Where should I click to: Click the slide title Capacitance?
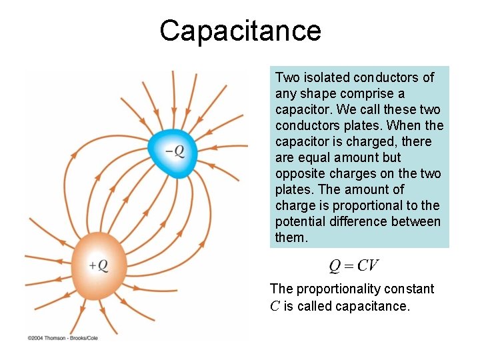tap(240, 31)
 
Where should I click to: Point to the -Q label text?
tap(175, 151)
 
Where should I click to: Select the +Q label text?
tap(98, 265)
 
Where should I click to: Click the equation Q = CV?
tap(354, 266)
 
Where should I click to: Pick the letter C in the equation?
tap(364, 266)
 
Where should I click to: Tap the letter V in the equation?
tap(375, 266)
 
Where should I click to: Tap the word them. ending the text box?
tap(291, 237)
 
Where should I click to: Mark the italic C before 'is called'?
tap(275, 306)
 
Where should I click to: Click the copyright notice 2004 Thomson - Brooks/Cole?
tap(63, 338)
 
